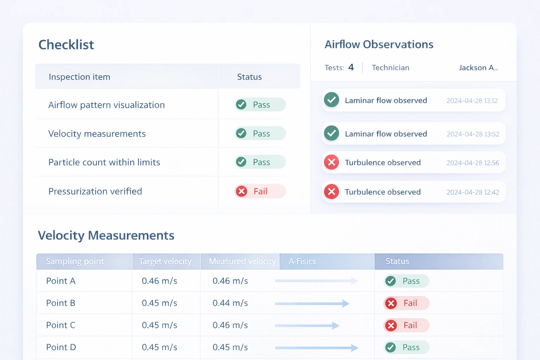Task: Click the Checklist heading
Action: [66, 45]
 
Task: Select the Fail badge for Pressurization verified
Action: [260, 191]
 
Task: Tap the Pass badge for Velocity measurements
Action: [260, 134]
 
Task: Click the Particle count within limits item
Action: [104, 162]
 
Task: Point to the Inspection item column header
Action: [79, 77]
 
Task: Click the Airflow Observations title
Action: [379, 45]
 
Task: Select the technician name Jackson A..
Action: [478, 68]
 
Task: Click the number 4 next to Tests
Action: [351, 67]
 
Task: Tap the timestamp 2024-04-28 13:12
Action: [472, 101]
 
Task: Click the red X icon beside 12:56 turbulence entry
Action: [331, 162]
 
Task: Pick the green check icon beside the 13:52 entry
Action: [331, 134]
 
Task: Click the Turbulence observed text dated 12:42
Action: [382, 192]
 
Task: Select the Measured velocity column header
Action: [242, 262]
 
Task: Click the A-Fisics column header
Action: [302, 262]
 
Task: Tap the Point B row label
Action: [61, 303]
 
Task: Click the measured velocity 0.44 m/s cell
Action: [230, 303]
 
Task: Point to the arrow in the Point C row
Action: [307, 326]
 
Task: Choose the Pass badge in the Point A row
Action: [406, 281]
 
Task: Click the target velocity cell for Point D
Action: [159, 347]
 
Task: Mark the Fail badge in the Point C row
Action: [406, 326]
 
